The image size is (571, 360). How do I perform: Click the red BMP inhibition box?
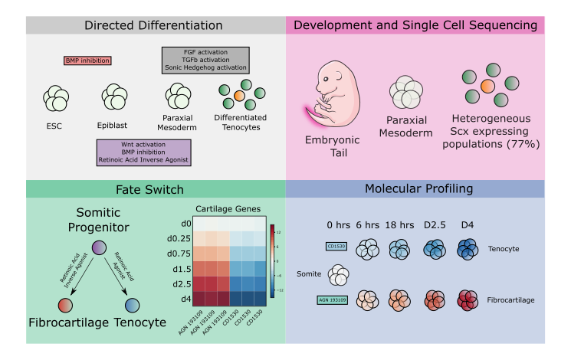pos(87,61)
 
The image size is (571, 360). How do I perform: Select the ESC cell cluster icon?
pos(57,98)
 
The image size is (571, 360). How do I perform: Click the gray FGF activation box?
pos(205,60)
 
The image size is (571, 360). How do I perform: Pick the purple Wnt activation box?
pos(143,152)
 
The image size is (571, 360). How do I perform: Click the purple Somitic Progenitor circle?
pos(100,247)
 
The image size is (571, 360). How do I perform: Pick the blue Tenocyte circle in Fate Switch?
pos(133,305)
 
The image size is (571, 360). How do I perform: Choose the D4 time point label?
pos(466,224)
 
